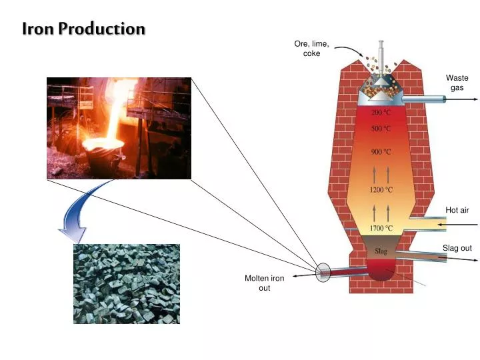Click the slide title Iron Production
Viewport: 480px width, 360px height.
point(83,29)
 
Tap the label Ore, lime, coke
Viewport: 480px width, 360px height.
point(311,49)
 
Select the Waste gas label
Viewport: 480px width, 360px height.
point(457,83)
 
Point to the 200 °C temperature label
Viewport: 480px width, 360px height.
point(381,113)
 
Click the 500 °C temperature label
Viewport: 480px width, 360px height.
point(381,128)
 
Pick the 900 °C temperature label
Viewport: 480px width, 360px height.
point(381,151)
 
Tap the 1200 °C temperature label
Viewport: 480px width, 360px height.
point(381,189)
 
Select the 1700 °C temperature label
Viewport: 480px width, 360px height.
point(381,228)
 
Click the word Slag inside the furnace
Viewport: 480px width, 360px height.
point(381,251)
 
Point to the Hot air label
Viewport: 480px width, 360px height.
point(457,210)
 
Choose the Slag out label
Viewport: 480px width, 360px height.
point(457,248)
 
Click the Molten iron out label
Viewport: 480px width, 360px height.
point(265,283)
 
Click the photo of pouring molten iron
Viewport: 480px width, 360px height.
point(119,128)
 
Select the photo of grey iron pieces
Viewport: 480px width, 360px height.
point(127,283)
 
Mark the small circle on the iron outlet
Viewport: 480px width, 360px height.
point(323,271)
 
